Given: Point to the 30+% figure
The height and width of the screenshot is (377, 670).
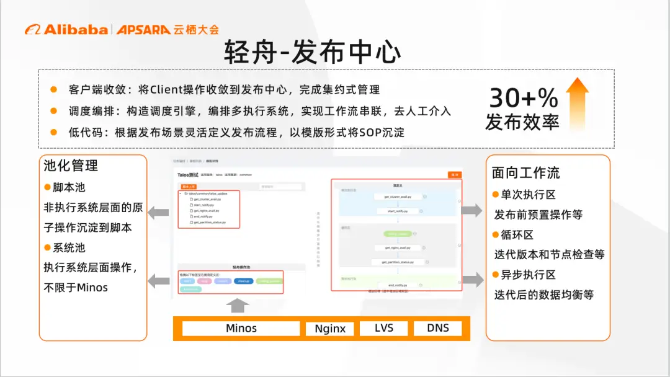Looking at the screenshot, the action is point(524,97).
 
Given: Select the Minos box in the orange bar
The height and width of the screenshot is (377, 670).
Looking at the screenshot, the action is point(241,328).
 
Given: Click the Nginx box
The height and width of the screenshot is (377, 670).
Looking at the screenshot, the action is point(329,329).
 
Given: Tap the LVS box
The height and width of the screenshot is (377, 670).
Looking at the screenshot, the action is point(384,328).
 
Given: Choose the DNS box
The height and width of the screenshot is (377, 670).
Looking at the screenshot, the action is point(437,328).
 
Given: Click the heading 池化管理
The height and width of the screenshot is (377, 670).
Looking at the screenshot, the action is point(71,166).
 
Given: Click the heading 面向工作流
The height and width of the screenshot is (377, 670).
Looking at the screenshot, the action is point(525,172).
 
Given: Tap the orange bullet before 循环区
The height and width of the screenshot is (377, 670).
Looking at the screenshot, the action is point(496,234).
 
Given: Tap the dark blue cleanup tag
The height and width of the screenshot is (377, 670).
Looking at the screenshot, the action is point(242,281).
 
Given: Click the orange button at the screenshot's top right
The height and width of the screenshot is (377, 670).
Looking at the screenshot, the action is point(455,175).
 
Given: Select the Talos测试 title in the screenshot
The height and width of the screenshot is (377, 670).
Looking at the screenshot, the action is point(187,175).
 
